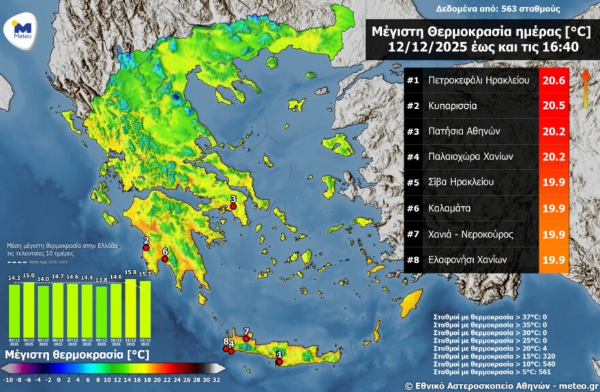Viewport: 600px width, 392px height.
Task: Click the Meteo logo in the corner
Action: tap(22, 30)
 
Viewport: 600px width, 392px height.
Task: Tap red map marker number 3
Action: tap(233, 207)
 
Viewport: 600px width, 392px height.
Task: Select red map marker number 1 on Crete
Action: tap(279, 361)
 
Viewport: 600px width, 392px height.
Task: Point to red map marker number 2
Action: tap(145, 248)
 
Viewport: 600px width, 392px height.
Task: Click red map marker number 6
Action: tap(164, 259)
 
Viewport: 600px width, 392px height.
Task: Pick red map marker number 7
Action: tap(246, 338)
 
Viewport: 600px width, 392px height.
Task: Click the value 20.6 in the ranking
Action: tap(554, 80)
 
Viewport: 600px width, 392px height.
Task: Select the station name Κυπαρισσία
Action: tap(453, 106)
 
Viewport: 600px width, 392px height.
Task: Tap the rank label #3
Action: tap(412, 131)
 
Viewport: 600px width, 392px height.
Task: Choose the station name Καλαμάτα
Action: tap(450, 208)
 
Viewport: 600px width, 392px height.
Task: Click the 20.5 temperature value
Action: tap(554, 106)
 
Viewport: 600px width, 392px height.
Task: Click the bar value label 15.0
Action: tap(29, 276)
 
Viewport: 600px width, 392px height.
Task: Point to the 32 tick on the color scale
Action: tap(217, 380)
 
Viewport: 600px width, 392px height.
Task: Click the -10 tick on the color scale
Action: tap(7, 380)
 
